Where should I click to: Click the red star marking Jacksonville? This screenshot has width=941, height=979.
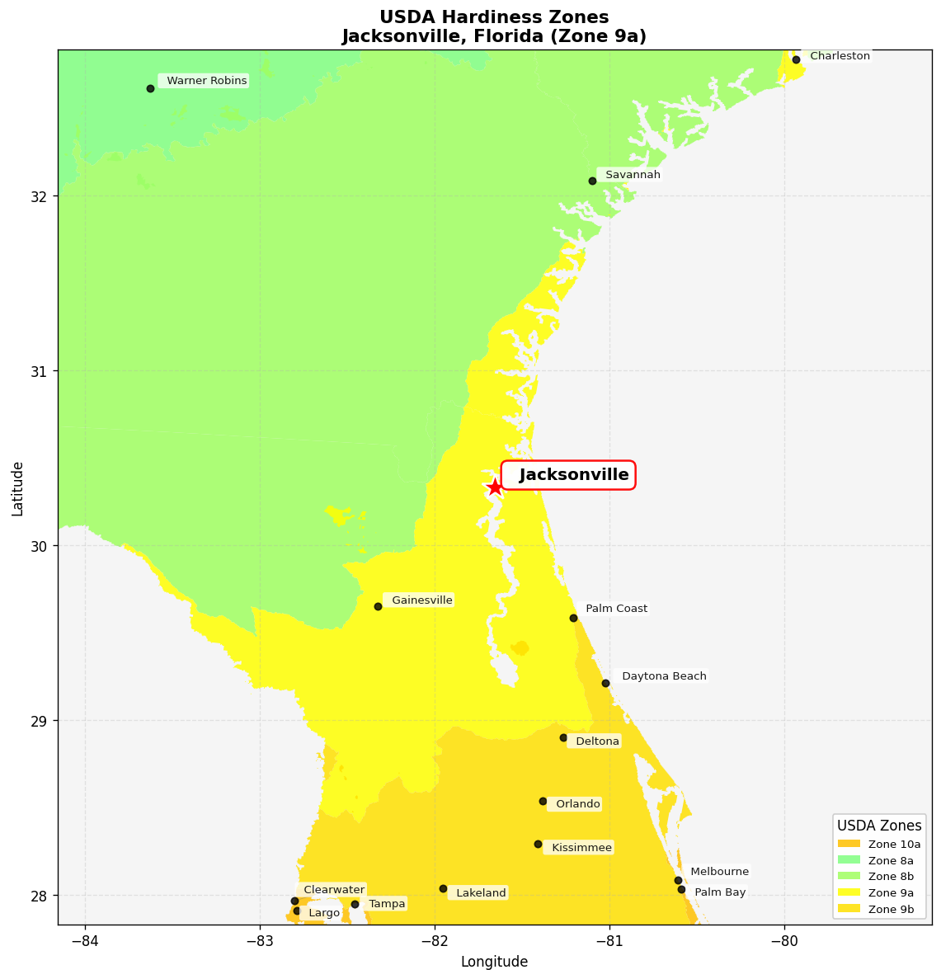(495, 487)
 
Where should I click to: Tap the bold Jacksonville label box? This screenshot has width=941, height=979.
(568, 475)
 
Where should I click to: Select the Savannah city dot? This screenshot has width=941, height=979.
(592, 181)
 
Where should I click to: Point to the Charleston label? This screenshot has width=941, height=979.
(840, 56)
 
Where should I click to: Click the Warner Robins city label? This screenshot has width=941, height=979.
(206, 81)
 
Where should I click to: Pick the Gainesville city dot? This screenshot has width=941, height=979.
(378, 606)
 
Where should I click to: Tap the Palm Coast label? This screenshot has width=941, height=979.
(616, 609)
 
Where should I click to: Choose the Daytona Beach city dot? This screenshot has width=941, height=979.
(605, 683)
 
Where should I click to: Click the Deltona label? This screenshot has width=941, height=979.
(597, 741)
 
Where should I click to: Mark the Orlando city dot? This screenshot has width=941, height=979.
(543, 801)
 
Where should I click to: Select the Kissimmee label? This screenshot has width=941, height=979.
(581, 848)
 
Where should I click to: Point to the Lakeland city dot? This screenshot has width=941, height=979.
(443, 888)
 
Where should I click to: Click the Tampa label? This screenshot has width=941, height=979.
(387, 904)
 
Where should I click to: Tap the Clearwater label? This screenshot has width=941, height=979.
(333, 890)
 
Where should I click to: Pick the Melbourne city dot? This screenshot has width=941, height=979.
(678, 880)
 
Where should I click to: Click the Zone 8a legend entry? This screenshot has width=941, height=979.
(879, 860)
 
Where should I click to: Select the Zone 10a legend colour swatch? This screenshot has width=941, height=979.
(849, 844)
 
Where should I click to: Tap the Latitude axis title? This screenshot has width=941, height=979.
(17, 488)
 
